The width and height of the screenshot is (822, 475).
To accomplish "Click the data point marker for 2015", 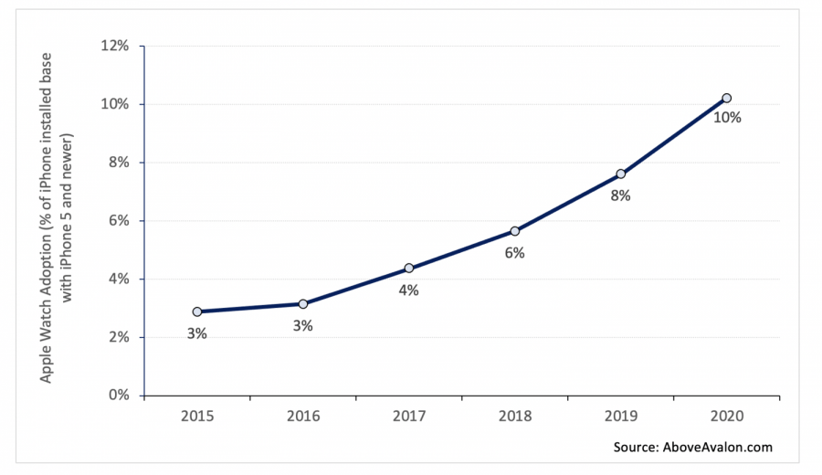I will pos(197,311).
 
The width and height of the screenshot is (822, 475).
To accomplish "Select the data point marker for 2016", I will pos(302,303).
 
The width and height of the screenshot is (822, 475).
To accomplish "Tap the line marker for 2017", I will pos(408,268).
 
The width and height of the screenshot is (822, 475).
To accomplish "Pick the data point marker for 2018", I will pos(514,231).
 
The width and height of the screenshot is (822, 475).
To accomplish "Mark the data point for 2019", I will pos(620,174).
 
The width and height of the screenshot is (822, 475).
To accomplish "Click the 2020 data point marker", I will pos(726,98).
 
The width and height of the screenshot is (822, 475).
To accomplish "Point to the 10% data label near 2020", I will pos(727,118).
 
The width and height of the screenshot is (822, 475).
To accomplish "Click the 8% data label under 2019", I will pos(621,195).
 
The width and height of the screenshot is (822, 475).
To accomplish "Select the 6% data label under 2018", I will pos(514,253).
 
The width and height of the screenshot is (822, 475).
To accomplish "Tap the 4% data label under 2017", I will pos(408,290).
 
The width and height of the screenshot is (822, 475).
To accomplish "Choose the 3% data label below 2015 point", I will pos(197,333).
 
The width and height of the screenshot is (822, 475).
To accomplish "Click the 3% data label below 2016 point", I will pos(302,326).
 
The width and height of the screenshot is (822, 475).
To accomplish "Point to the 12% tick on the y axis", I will pos(118,46).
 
